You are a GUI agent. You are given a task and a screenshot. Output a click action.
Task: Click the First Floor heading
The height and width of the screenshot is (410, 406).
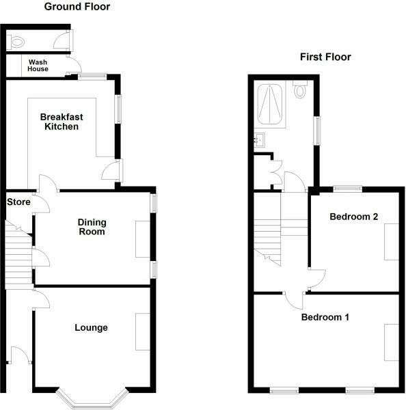click(x=325, y=57)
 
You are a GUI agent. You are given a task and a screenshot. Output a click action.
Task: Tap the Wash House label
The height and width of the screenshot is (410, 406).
click(x=38, y=65)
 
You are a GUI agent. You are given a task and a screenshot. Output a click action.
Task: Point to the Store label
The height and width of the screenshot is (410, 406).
click(x=18, y=202)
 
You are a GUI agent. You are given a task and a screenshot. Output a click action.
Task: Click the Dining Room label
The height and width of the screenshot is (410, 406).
click(x=91, y=226)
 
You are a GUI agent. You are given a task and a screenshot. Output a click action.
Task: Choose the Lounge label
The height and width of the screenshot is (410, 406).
click(x=91, y=327)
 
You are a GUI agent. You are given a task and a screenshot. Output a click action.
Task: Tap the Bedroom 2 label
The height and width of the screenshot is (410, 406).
click(x=354, y=217)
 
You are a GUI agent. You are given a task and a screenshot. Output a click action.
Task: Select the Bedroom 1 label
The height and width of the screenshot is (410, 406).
click(x=325, y=317)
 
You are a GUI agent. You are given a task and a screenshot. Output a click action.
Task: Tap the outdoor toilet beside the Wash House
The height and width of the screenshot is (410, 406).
click(x=18, y=41)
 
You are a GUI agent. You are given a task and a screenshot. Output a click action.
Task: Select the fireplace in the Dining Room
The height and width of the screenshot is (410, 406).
click(x=144, y=239)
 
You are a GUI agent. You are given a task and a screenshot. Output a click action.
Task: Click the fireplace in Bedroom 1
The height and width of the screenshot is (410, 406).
click(x=392, y=342)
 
